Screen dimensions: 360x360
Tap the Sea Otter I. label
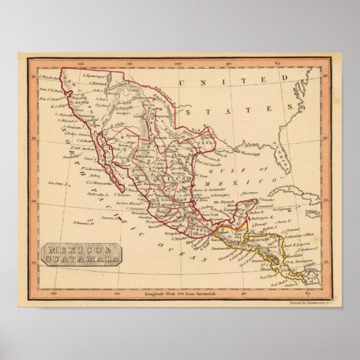pos(58,182)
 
